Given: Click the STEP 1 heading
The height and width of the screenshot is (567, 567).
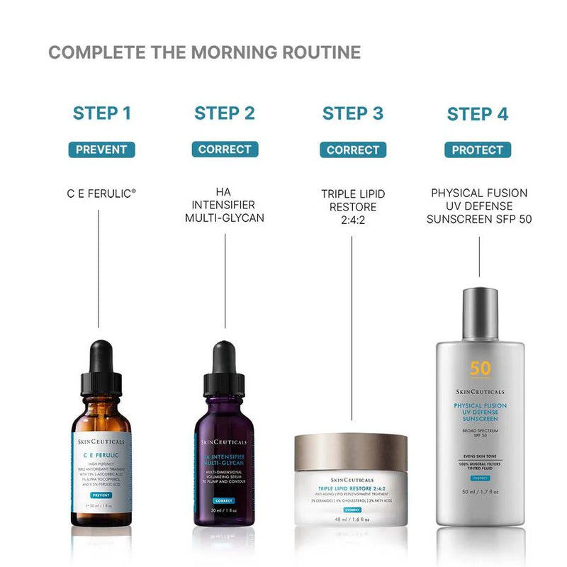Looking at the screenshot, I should [x=102, y=113].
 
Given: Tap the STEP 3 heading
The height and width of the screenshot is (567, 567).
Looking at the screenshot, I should [x=352, y=113].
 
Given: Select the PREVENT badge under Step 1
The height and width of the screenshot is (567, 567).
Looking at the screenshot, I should [x=101, y=150].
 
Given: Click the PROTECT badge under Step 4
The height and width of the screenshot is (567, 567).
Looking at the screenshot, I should [x=478, y=150].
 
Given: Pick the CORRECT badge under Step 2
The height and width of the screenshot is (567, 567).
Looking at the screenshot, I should [x=225, y=150].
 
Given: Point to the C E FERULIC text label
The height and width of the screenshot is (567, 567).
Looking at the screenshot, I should [x=99, y=193].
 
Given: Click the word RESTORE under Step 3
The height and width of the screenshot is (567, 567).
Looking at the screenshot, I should [x=352, y=207].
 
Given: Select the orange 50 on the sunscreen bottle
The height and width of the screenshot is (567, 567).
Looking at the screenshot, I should [x=480, y=369].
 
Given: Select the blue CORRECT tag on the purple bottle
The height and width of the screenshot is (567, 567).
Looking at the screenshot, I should [x=224, y=500].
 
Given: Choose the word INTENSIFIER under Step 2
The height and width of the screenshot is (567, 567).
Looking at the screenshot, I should [x=225, y=206].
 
